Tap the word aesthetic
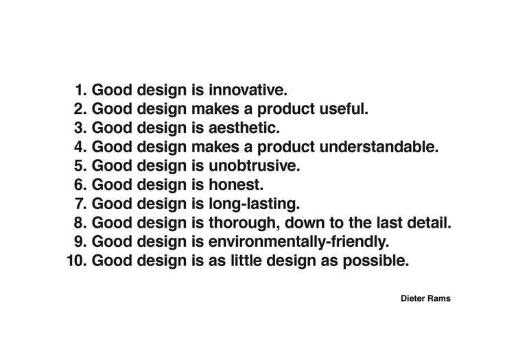coord(244,128)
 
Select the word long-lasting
coord(253,204)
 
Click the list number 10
coord(77,261)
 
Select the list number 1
coord(81,90)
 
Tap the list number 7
coord(81,204)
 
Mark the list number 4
coord(81,147)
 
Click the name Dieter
coord(413,298)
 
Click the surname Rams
coord(439,298)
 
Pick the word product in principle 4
coord(274,147)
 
